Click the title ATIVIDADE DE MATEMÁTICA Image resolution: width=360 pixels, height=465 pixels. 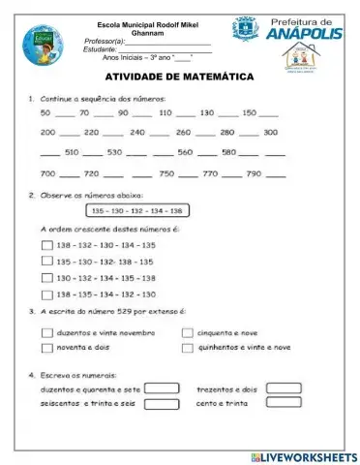tap(178, 77)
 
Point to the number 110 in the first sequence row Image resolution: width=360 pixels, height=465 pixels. tap(164, 112)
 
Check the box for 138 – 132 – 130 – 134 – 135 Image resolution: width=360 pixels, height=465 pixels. tap(46, 246)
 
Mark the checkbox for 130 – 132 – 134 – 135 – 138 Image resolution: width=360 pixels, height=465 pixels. tap(46, 278)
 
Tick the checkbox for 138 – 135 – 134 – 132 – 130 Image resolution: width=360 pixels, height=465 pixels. tap(46, 294)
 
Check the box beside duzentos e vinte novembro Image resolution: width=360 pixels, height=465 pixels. tap(46, 332)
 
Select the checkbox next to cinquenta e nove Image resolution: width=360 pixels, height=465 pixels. tap(188, 332)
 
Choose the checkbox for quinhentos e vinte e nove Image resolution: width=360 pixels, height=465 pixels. tap(188, 347)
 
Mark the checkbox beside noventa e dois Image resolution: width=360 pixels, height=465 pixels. tap(46, 347)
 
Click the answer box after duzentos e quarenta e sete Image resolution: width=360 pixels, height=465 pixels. tap(163, 389)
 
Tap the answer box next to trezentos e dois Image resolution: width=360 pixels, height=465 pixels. tap(284, 388)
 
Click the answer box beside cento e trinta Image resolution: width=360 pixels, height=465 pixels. tap(284, 404)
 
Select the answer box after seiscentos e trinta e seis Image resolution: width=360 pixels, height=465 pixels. tap(163, 405)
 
